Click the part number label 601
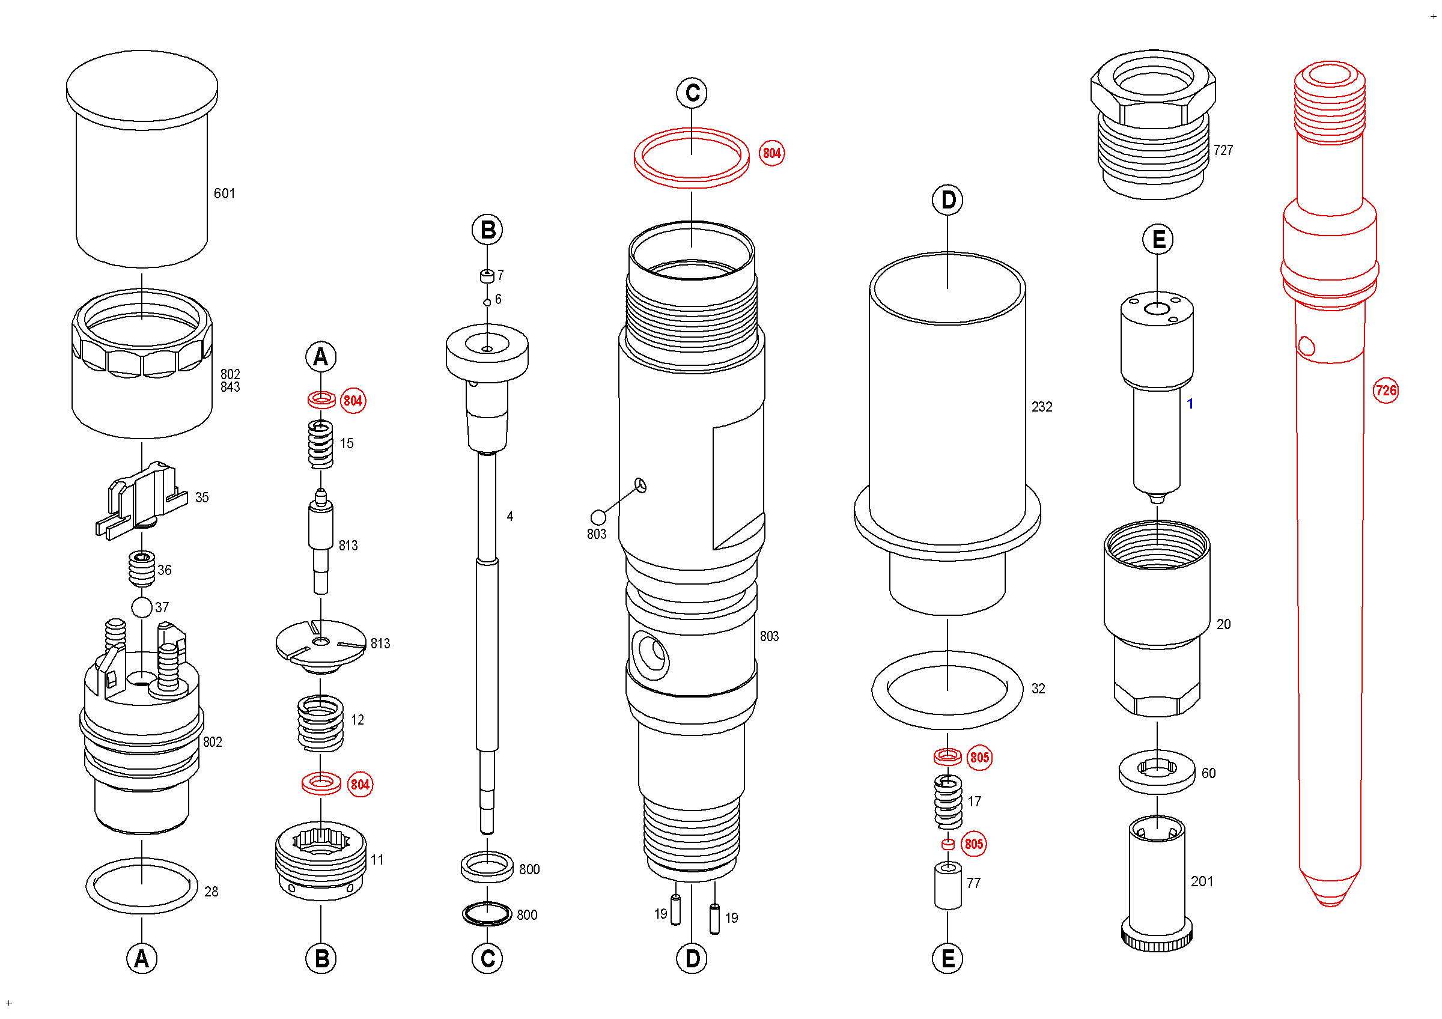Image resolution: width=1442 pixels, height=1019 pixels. [x=224, y=193]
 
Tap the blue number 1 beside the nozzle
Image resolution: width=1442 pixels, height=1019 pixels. [x=1190, y=404]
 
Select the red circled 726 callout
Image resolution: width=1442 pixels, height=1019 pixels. [x=1386, y=391]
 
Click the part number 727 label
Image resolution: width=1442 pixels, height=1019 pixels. [x=1223, y=150]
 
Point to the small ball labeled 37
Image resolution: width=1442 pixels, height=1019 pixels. [x=142, y=607]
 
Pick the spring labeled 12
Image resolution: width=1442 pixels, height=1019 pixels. [x=320, y=723]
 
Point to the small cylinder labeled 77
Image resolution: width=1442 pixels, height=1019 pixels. [x=948, y=885]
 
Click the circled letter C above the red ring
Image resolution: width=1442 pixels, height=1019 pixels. [x=692, y=94]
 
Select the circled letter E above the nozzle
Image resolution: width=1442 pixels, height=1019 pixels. [x=1157, y=239]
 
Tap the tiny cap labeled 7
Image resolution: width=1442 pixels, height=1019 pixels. [x=487, y=276]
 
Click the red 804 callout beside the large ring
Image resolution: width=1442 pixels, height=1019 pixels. [x=771, y=153]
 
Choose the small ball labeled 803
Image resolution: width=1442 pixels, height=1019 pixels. [x=598, y=517]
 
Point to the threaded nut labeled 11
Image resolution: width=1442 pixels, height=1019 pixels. [x=320, y=860]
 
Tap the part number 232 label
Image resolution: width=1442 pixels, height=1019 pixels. [x=1041, y=407]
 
